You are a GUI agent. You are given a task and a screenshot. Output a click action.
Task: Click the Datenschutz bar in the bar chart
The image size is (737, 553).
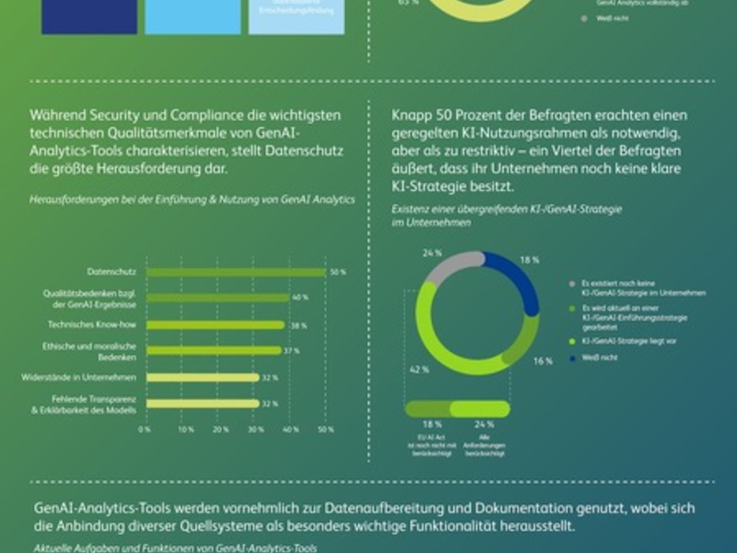pyautogui.click(x=235, y=272)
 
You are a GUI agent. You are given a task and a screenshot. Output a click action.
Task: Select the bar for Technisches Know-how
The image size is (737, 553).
pyautogui.click(x=216, y=324)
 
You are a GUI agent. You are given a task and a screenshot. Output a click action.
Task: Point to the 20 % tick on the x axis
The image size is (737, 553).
pyautogui.click(x=220, y=429)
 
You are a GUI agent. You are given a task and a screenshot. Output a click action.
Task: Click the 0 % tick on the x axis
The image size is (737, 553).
pyautogui.click(x=145, y=429)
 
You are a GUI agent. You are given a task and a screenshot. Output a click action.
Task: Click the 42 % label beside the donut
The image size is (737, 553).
pyautogui.click(x=419, y=369)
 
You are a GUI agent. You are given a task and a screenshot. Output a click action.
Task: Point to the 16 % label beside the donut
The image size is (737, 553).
pyautogui.click(x=543, y=360)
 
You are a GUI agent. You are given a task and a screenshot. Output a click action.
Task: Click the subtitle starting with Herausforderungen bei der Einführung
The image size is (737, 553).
pyautogui.click(x=193, y=199)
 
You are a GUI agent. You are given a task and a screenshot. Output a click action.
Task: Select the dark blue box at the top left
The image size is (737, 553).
pyautogui.click(x=89, y=17)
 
